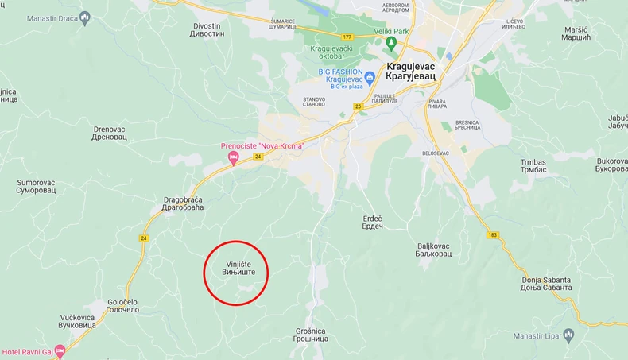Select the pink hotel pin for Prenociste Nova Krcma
pos(234,158)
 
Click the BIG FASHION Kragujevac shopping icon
pos(370,76)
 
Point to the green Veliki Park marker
pos(390,43)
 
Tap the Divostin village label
pos(207,30)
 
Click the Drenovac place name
pos(110,133)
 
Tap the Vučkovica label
pos(78,321)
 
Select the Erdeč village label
pos(372,223)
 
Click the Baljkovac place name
pos(434,250)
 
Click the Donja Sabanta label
pos(546,284)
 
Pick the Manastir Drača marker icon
pos(86,17)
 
